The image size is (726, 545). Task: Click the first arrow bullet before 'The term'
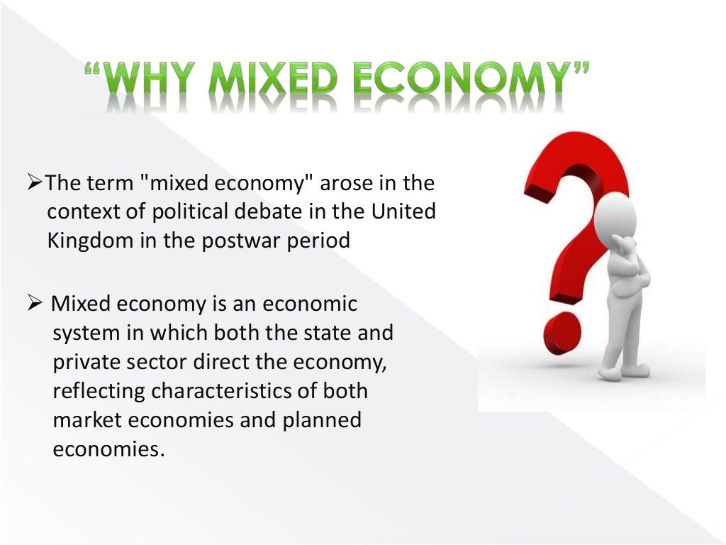[x=36, y=183]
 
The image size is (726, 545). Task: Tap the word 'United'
[x=401, y=212]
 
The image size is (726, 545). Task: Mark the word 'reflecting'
[x=99, y=391]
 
